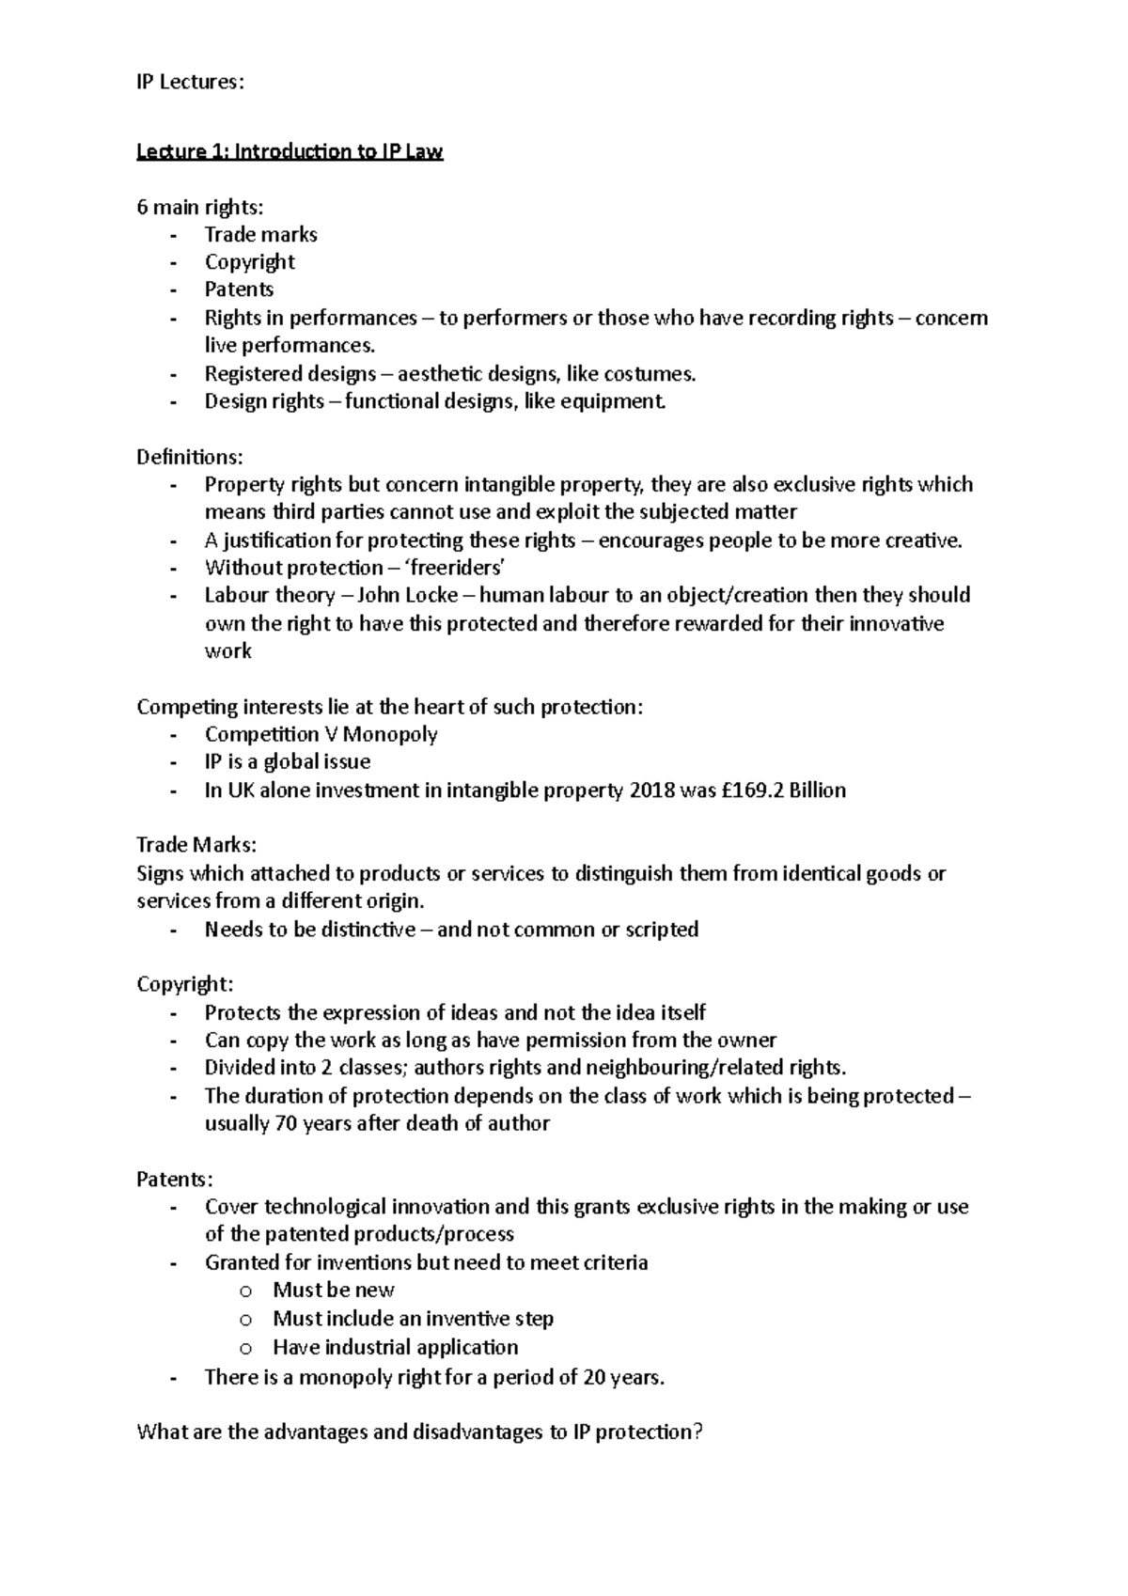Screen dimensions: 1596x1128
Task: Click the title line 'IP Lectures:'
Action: click(x=189, y=82)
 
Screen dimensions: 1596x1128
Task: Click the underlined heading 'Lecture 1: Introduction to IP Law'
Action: click(x=290, y=151)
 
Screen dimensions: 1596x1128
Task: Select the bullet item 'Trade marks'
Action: click(x=260, y=235)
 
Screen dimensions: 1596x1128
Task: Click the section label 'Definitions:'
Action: click(x=189, y=457)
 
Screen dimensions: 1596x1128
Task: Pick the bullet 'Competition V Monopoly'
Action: click(x=321, y=734)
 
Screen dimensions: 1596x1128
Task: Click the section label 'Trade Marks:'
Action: click(x=196, y=845)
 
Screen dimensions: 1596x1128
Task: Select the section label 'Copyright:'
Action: click(x=184, y=984)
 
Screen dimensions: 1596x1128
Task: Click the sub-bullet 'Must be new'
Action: click(x=333, y=1291)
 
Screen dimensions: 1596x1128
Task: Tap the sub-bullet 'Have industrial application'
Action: click(x=395, y=1348)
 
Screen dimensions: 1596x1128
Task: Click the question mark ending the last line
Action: click(x=697, y=1432)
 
